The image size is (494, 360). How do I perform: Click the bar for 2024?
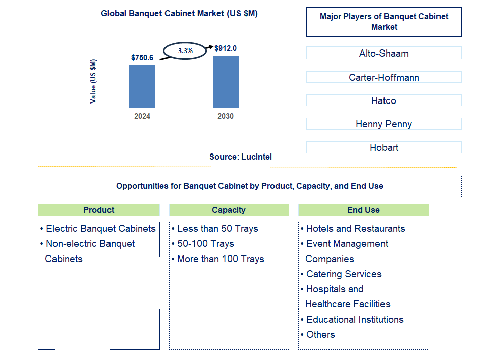click(x=142, y=86)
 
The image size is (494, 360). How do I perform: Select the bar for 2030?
click(x=226, y=81)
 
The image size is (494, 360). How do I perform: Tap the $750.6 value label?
click(x=142, y=58)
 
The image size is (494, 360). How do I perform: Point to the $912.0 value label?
click(x=226, y=48)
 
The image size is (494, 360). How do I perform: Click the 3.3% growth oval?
click(x=185, y=50)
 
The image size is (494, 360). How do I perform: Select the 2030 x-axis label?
click(x=226, y=116)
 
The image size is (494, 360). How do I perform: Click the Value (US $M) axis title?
click(x=93, y=81)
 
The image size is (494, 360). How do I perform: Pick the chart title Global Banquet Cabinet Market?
click(x=179, y=14)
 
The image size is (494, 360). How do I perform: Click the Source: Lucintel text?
click(x=241, y=157)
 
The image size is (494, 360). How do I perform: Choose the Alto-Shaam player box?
click(x=383, y=53)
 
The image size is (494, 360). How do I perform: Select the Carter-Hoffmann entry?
click(x=383, y=77)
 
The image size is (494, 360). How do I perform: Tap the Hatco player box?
click(x=383, y=100)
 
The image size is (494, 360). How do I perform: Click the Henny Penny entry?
click(x=383, y=124)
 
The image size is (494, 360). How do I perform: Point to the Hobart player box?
click(x=383, y=147)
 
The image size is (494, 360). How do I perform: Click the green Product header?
click(x=99, y=210)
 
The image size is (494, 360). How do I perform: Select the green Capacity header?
click(x=229, y=210)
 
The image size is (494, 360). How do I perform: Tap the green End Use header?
click(x=363, y=210)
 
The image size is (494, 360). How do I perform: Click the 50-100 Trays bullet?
click(x=205, y=244)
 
